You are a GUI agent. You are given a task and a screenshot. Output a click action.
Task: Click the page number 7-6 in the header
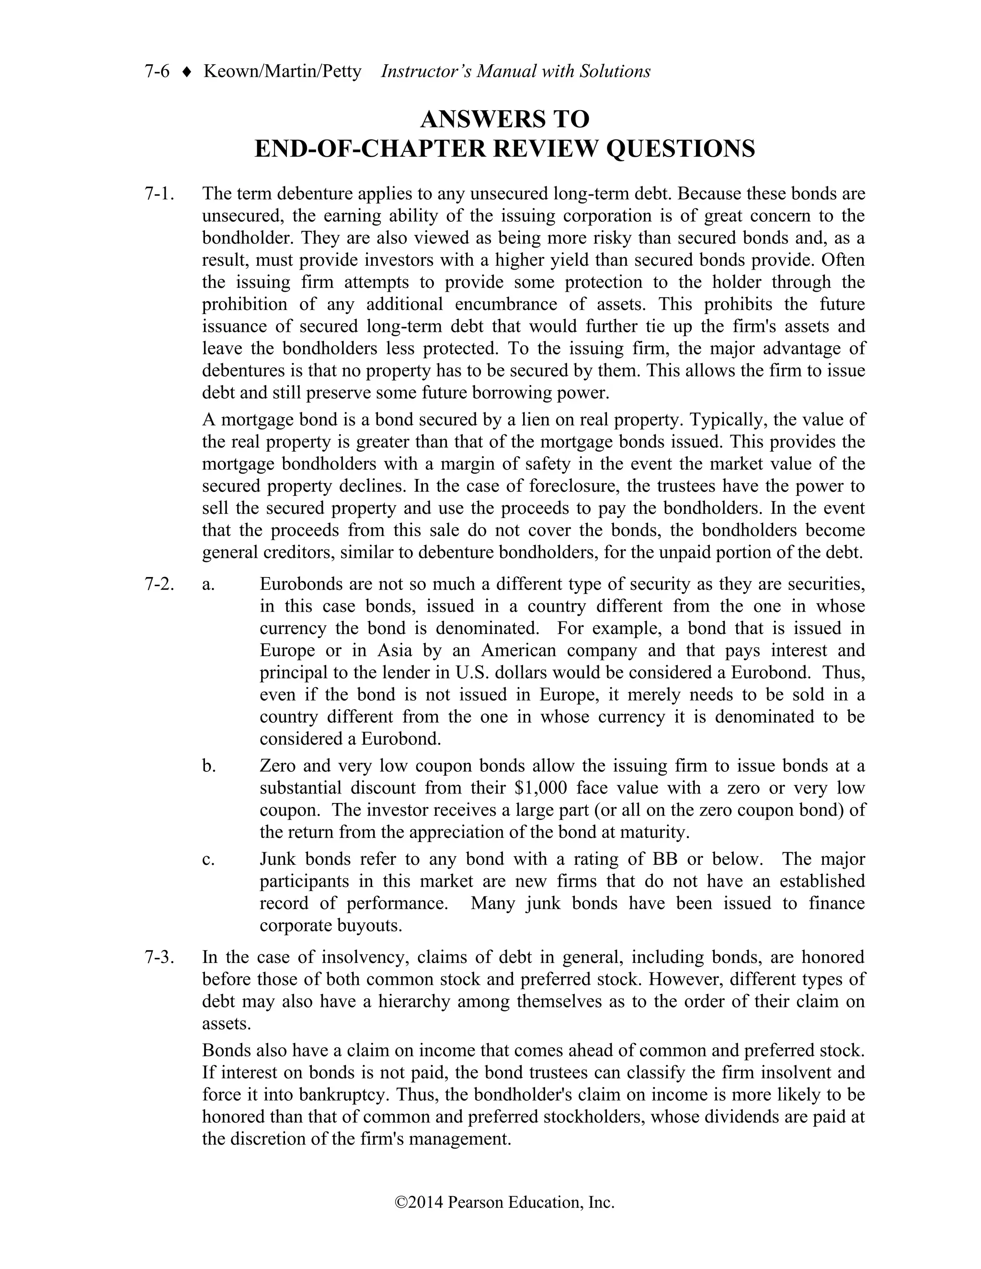click(x=157, y=71)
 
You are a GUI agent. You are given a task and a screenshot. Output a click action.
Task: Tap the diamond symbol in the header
click(x=186, y=72)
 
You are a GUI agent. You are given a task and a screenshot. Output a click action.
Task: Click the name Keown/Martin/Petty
click(x=282, y=71)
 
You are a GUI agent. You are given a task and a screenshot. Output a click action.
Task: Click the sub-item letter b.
click(x=209, y=766)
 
